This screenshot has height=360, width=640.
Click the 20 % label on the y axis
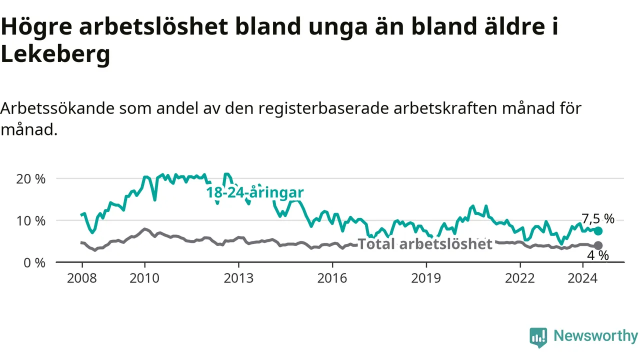[31, 179]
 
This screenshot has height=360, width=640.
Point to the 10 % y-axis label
[31, 221]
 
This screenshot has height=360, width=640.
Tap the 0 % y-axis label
[34, 263]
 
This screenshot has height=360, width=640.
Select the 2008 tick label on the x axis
[82, 278]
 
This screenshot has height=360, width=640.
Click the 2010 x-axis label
[144, 278]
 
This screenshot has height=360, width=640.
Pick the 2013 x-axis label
[238, 278]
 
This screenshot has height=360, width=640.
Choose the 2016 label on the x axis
[332, 278]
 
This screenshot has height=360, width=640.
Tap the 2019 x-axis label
[426, 278]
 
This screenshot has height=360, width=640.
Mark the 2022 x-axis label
[520, 278]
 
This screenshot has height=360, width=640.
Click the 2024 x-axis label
[582, 278]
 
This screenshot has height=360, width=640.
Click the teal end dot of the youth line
[598, 231]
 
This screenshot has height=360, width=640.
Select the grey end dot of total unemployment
[598, 245]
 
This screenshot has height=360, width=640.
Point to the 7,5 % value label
[598, 219]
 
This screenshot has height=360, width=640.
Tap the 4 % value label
[598, 255]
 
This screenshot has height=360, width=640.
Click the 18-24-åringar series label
[255, 192]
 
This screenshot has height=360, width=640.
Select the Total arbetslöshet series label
[425, 244]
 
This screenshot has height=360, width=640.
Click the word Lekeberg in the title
[55, 54]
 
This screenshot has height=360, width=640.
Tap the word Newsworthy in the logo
[595, 335]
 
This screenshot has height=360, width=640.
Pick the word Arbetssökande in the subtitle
[57, 108]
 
